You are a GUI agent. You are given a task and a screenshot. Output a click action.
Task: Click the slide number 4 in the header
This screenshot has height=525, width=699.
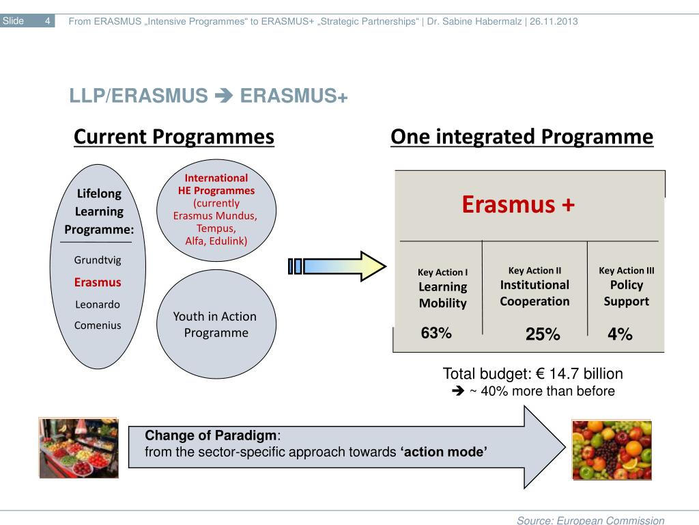click(47, 21)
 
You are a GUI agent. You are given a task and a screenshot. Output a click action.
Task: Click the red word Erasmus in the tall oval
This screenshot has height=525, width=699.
click(98, 282)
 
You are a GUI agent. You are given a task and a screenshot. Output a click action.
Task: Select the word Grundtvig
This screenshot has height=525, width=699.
click(98, 260)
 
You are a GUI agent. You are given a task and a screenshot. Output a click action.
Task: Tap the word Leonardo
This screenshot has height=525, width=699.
click(98, 304)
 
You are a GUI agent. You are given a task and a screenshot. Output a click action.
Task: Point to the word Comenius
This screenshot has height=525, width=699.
click(98, 325)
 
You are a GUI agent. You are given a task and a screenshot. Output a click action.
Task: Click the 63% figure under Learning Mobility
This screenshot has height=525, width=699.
click(436, 333)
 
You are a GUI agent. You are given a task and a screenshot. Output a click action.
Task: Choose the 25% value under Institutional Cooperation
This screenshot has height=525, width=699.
click(543, 334)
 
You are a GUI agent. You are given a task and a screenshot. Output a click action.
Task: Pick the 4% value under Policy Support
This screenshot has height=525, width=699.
click(620, 334)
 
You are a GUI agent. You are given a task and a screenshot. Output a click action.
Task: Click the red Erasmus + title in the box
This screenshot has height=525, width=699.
click(518, 204)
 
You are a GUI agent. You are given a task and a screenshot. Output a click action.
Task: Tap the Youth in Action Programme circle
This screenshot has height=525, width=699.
click(216, 324)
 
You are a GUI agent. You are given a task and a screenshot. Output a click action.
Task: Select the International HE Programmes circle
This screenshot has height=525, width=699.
click(216, 211)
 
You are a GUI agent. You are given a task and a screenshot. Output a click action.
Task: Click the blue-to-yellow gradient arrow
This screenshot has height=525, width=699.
click(337, 267)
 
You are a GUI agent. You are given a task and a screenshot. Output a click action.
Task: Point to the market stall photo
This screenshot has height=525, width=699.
click(79, 448)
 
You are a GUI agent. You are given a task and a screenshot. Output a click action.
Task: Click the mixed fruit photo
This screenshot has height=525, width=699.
click(612, 450)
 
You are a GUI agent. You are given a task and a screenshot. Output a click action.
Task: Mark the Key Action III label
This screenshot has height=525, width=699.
click(627, 271)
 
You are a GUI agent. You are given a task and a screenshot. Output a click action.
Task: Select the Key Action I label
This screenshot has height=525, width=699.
click(442, 272)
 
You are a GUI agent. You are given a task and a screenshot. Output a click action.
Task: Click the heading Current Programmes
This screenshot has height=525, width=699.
click(174, 137)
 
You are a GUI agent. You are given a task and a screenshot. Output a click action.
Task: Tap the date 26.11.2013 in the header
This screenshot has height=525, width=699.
click(554, 21)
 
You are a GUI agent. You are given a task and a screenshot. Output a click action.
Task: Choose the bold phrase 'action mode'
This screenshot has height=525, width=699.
click(444, 452)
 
